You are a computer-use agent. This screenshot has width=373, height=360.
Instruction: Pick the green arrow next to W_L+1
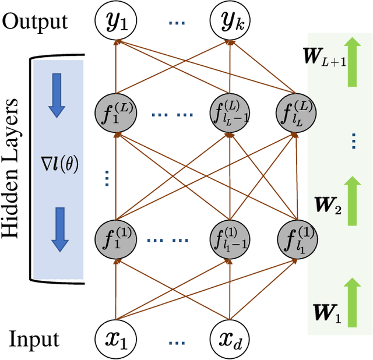click(351, 61)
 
